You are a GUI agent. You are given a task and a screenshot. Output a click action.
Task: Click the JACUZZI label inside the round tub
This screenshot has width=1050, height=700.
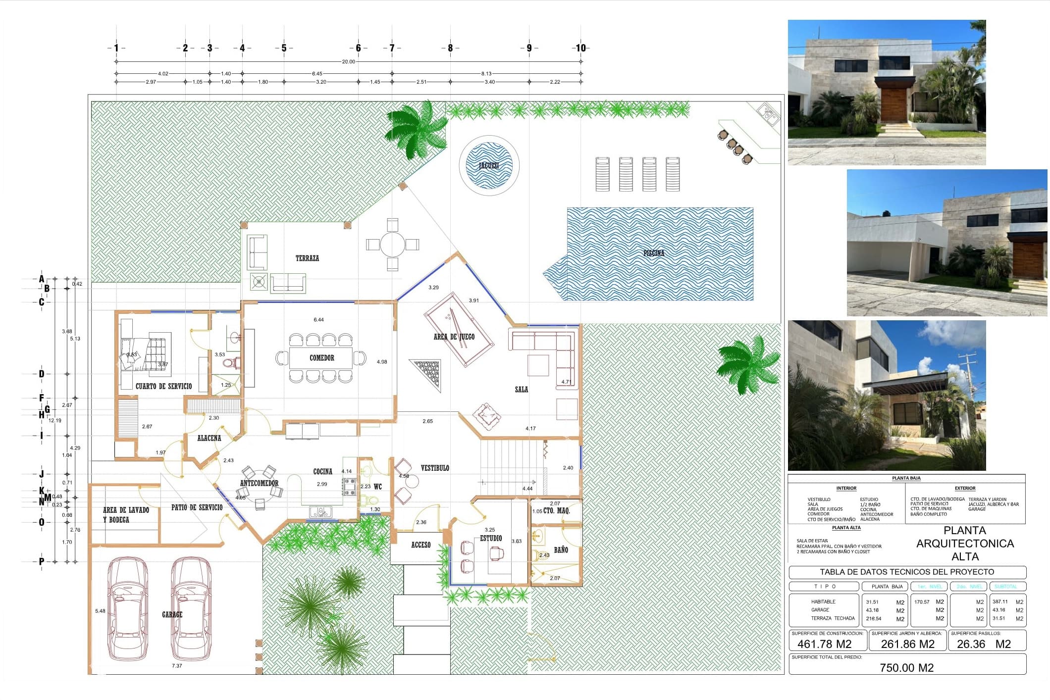pos(489,166)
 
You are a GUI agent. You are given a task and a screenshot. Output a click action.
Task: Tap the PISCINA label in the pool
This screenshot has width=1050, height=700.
pos(654,253)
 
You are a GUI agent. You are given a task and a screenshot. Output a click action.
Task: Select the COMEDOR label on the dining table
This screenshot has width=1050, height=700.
pos(322,358)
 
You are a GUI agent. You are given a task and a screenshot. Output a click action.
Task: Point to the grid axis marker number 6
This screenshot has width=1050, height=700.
pos(358,48)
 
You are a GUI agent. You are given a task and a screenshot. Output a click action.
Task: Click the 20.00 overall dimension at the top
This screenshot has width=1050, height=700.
pos(348,62)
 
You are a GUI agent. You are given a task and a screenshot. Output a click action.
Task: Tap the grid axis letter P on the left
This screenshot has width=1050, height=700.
pos(42,562)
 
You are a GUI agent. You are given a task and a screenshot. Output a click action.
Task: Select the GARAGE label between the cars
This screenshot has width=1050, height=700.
pos(172,615)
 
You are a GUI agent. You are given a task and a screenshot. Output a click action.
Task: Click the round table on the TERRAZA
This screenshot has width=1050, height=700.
pos(393,245)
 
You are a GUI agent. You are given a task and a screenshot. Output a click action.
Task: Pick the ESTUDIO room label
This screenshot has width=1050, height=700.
pos(491,538)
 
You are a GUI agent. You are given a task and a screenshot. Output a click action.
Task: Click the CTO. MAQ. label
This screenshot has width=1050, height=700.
pos(556,510)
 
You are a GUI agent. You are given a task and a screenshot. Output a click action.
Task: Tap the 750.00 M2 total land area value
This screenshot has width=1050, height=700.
pos(906,668)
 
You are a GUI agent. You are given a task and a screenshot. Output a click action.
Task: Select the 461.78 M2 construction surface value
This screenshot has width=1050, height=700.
pos(824,644)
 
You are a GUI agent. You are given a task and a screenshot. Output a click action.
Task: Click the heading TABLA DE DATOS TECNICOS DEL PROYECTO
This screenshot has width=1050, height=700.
pos(906,572)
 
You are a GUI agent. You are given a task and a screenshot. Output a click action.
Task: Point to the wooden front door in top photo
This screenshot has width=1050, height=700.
pos(893,105)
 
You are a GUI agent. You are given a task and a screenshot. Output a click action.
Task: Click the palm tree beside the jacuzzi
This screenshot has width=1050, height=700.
pos(416,130)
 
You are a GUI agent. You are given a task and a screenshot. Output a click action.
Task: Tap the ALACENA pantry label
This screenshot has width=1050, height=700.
pos(209,438)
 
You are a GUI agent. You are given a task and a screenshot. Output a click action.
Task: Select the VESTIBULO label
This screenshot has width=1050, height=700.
pos(435,468)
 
